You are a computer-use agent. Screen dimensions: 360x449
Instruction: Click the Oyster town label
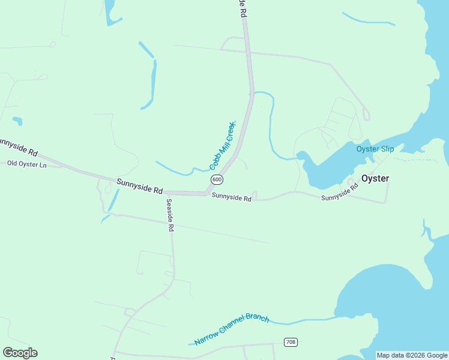[375, 178]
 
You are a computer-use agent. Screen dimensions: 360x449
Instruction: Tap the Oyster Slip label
[375, 149]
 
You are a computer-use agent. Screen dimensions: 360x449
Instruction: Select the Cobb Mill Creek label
[223, 145]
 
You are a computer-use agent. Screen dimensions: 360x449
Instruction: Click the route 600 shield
[217, 180]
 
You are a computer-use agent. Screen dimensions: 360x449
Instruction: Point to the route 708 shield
[291, 342]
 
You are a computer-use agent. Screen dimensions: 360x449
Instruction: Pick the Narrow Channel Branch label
[232, 329]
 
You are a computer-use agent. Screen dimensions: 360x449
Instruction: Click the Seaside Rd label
[170, 215]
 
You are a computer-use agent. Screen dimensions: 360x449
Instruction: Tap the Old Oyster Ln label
[26, 164]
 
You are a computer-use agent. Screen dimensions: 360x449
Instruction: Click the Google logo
[20, 353]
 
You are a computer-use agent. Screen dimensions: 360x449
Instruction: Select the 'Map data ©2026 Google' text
[412, 355]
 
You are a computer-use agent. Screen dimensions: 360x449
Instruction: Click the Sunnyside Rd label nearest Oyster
[339, 193]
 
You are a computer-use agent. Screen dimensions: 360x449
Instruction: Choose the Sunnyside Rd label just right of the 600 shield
[231, 197]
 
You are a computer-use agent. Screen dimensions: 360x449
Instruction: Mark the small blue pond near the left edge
[17, 121]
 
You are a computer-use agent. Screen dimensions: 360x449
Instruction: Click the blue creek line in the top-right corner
[368, 20]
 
